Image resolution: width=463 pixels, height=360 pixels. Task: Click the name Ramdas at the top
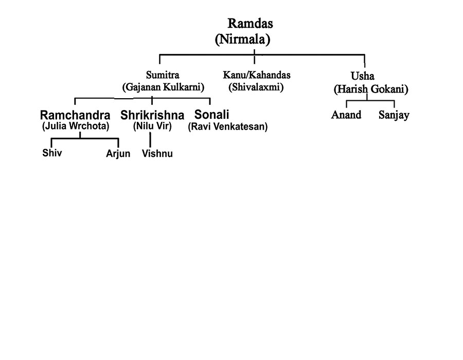click(250, 24)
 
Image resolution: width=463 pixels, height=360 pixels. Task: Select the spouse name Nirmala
click(242, 39)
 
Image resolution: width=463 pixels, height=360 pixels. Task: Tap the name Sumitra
click(163, 75)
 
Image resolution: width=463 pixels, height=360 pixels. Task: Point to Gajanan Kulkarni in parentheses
click(163, 87)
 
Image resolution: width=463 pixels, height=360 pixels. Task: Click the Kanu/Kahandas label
click(256, 75)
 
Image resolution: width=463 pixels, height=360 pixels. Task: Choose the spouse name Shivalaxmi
click(256, 87)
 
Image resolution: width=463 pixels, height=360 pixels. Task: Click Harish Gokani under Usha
click(371, 89)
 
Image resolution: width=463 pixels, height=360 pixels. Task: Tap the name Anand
click(346, 115)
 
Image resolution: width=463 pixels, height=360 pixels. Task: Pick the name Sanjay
click(394, 115)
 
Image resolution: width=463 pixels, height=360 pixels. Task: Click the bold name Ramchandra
click(75, 115)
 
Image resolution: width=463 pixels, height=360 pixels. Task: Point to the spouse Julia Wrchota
click(76, 125)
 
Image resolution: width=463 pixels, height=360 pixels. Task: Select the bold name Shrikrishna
click(152, 115)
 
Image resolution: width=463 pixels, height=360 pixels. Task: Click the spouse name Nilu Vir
click(152, 125)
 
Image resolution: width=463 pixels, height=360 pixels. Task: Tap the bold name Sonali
click(212, 115)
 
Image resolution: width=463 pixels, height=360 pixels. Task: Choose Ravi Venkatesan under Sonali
click(228, 127)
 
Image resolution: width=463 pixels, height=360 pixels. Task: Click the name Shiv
click(52, 153)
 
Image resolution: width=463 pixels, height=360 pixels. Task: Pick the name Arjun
click(118, 154)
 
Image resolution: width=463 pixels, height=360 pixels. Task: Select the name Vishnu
click(157, 154)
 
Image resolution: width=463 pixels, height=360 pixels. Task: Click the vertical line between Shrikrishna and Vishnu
click(150, 139)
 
